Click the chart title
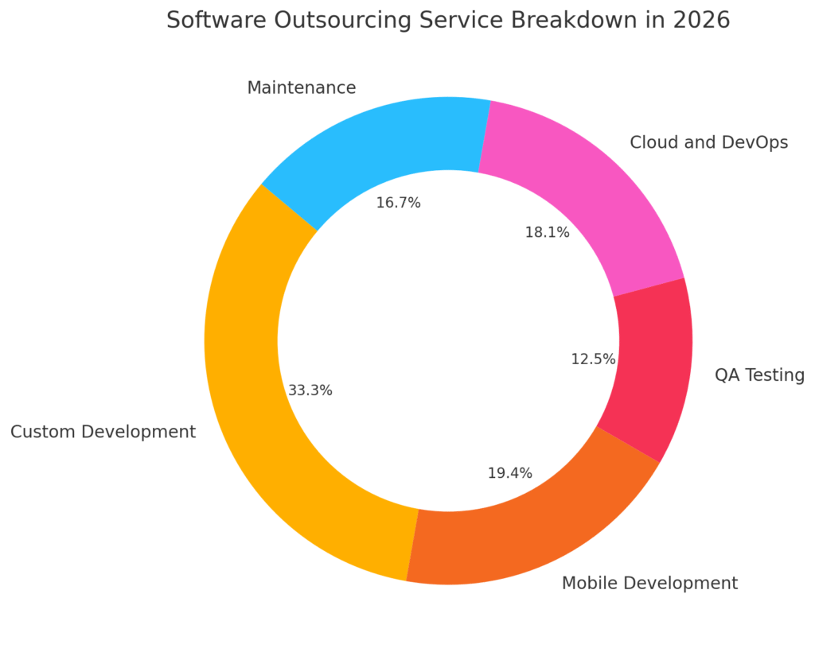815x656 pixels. [447, 21]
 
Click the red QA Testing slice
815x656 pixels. [653, 366]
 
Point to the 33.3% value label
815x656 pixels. [310, 390]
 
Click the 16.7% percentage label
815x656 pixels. [398, 203]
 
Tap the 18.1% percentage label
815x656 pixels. [547, 233]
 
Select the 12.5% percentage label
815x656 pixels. [593, 359]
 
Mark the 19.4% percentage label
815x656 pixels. [509, 473]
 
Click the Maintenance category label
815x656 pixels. [301, 88]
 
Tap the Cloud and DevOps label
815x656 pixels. [708, 142]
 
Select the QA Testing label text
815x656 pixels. [759, 375]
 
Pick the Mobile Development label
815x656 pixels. [649, 584]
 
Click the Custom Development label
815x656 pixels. [103, 432]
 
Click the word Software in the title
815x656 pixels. [215, 21]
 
